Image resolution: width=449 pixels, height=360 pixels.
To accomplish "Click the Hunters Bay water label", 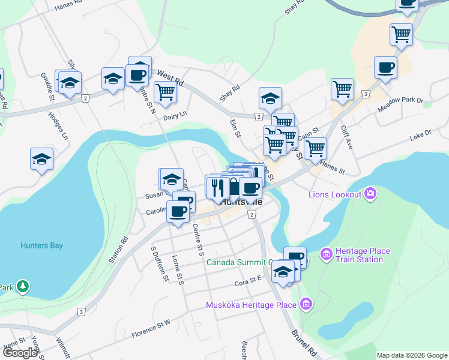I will (41, 245).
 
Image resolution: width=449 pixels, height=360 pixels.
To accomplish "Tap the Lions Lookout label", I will (335, 194).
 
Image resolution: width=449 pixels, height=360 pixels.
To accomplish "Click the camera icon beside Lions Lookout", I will (371, 193).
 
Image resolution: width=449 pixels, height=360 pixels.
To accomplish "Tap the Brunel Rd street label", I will (304, 341).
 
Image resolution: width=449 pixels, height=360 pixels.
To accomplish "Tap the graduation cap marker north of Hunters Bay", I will (41, 159).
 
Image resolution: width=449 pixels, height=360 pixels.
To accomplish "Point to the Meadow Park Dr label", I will (401, 106).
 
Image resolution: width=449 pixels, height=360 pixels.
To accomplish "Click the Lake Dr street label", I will (420, 135).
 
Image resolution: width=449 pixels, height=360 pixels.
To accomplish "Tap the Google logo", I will (20, 353).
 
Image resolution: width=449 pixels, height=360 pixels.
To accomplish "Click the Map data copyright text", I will (411, 355).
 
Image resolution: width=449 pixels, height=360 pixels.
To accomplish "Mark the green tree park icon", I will (23, 287).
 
